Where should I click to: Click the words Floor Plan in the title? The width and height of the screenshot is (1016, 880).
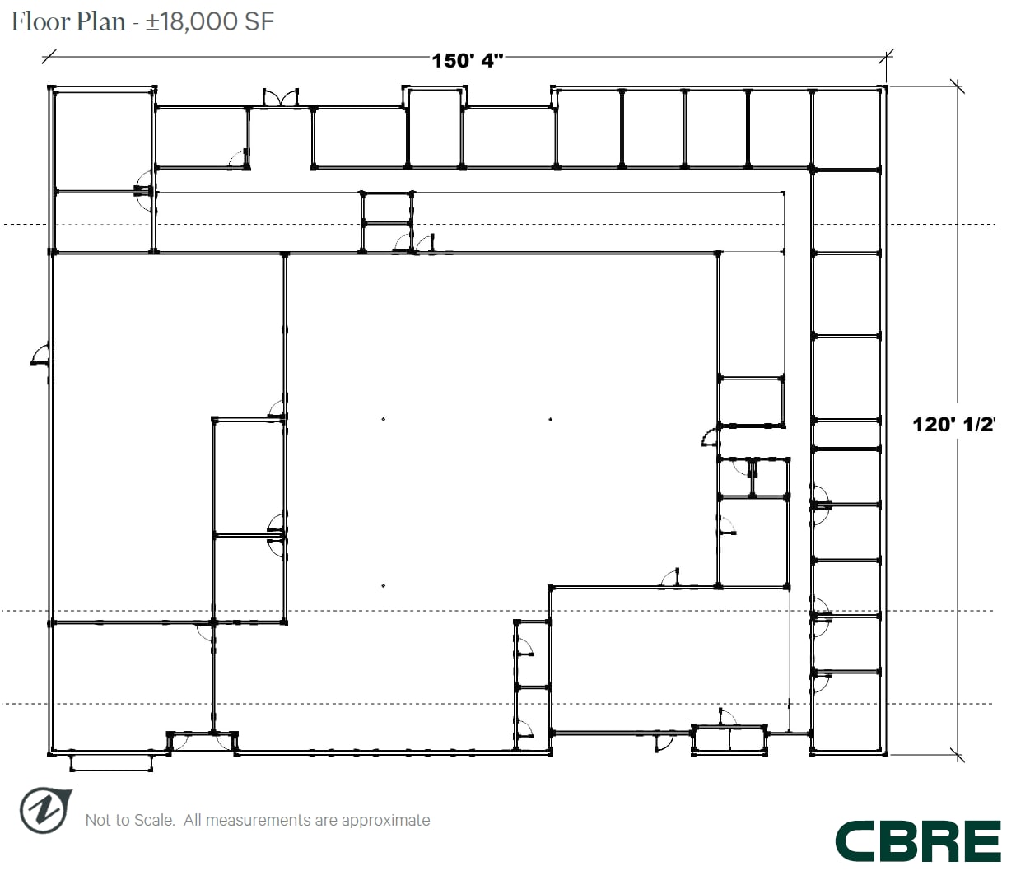click(x=68, y=21)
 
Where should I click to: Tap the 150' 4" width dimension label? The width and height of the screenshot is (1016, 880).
click(x=467, y=60)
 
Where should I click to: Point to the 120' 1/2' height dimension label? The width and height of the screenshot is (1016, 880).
click(x=953, y=424)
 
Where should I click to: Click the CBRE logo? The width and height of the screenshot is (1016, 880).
click(x=918, y=841)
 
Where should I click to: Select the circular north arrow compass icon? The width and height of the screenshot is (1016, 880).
click(x=44, y=810)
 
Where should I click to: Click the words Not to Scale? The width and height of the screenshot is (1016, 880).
click(x=129, y=820)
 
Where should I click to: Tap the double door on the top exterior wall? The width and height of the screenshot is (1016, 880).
click(x=281, y=98)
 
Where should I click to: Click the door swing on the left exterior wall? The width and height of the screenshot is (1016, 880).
click(x=40, y=356)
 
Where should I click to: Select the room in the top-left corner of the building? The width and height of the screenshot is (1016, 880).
click(x=104, y=139)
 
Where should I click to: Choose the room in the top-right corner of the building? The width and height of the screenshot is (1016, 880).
click(x=846, y=128)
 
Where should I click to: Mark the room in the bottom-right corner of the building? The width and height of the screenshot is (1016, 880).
click(x=846, y=712)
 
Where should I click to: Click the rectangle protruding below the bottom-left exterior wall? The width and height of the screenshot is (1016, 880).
click(x=111, y=762)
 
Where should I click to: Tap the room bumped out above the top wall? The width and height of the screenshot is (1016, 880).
click(x=434, y=128)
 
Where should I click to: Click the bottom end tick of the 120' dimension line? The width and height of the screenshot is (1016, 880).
click(x=957, y=754)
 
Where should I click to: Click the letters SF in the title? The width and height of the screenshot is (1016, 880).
click(x=259, y=21)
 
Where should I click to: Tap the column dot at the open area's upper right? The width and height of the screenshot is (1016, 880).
click(x=550, y=420)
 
